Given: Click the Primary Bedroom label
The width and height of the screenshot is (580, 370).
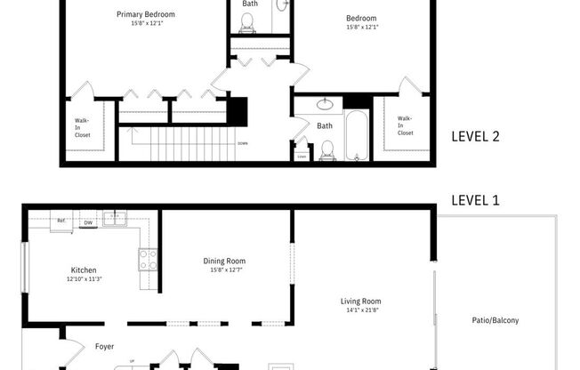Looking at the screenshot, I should click(146, 15).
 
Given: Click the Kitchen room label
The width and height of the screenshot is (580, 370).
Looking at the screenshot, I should click(84, 270).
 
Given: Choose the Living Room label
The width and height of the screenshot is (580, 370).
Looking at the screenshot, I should click(360, 301).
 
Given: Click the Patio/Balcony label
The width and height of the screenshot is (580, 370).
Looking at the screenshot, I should click(495, 320).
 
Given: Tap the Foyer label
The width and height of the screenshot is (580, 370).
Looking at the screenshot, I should click(104, 346).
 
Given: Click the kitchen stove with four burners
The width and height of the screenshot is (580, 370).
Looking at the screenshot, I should click(148, 259).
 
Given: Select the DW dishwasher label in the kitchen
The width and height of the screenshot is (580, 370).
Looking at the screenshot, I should click(88, 222).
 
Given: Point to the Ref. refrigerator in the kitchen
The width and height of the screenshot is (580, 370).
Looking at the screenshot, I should click(61, 221).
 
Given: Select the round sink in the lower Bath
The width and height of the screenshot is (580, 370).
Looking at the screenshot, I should click(326, 104).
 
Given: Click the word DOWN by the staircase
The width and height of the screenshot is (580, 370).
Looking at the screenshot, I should click(242, 143).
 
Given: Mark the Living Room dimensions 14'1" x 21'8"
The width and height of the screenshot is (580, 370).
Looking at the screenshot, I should click(360, 310).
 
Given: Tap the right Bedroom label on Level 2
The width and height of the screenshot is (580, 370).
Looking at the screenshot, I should click(361, 18).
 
